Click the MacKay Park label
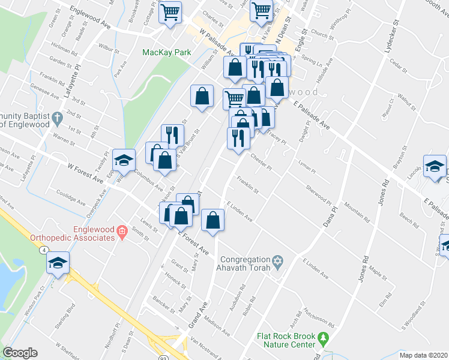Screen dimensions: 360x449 coord(166,52)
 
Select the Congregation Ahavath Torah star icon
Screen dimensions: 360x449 coord(277,260)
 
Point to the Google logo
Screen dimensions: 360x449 coord(20,353)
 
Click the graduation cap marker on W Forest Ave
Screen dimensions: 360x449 coord(124,160)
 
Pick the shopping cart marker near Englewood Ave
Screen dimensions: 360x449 coord(170,11)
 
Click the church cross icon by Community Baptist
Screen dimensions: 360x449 coord(57,117)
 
